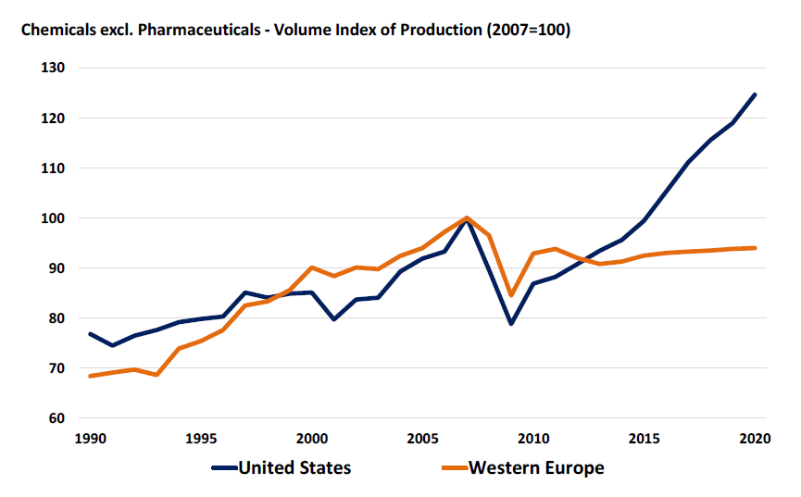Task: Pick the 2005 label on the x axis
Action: tap(422, 439)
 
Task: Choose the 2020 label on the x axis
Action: tap(755, 439)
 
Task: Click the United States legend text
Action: tap(295, 467)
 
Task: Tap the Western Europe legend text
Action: tap(537, 467)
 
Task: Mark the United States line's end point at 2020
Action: tap(755, 94)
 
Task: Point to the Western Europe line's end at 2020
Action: tap(755, 248)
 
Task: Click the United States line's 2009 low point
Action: tap(511, 324)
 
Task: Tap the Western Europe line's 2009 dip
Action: tap(511, 295)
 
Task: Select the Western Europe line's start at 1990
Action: tap(90, 376)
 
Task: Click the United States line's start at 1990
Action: tap(90, 334)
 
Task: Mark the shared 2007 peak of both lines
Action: tap(467, 218)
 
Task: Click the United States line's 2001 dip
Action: tap(333, 319)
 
